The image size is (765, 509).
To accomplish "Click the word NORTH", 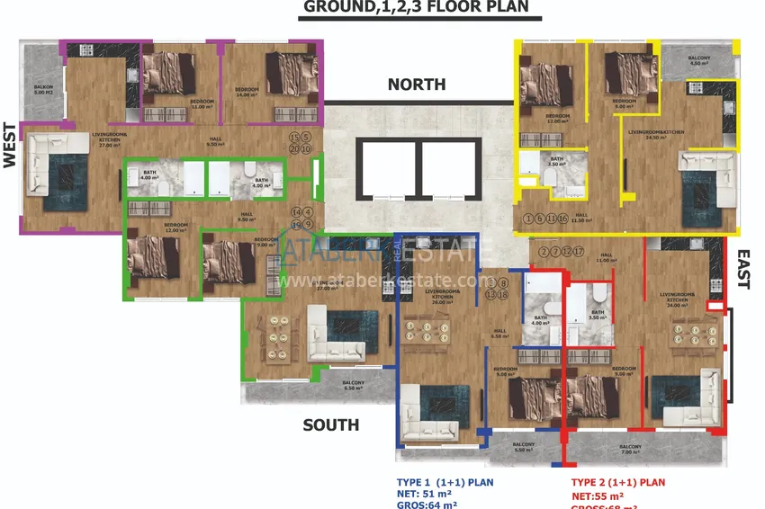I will (x=416, y=85).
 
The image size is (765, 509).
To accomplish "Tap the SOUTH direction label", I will (x=330, y=424).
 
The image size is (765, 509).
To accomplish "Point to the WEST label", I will (x=11, y=145).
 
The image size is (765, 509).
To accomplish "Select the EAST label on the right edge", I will (x=743, y=269).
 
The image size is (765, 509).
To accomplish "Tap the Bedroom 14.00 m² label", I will (x=247, y=92).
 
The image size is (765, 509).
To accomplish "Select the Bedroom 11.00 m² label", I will (x=202, y=104).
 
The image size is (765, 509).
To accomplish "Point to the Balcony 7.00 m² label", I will (x=630, y=449).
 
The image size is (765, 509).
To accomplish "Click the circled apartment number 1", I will (x=528, y=219).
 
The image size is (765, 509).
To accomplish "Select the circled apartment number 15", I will (x=293, y=138).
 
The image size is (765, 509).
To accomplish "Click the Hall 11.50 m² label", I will (x=581, y=218).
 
